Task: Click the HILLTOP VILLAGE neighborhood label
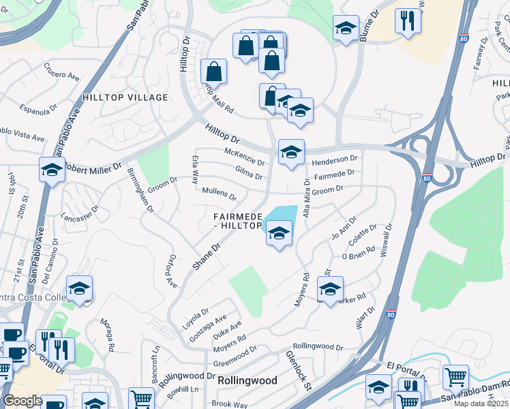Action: [125, 97]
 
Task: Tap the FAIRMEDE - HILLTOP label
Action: [238, 221]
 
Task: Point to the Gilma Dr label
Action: [249, 173]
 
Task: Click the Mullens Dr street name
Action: [220, 194]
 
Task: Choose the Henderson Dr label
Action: [335, 161]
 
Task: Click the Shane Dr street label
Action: [207, 256]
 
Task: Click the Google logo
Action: [22, 401]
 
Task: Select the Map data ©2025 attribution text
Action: [481, 404]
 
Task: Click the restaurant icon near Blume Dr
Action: [408, 20]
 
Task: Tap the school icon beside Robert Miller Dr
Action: [52, 170]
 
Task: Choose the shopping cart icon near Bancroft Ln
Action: [141, 398]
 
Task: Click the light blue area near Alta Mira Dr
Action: [284, 215]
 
